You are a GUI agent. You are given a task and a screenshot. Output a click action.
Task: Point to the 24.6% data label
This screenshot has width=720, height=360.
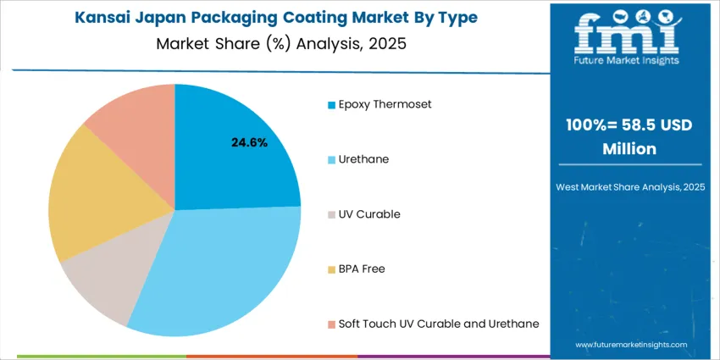click(249, 142)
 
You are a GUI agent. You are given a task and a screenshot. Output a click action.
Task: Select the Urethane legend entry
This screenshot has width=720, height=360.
click(365, 159)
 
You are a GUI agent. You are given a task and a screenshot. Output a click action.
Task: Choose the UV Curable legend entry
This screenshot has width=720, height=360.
click(369, 214)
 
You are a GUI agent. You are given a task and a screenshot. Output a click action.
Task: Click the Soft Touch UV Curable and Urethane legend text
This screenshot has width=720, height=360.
click(438, 324)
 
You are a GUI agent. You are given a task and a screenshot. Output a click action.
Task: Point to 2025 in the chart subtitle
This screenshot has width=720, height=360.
click(385, 44)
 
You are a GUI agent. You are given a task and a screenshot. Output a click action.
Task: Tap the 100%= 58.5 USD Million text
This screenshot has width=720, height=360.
click(629, 136)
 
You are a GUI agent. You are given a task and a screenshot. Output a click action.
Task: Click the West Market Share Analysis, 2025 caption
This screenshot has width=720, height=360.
click(629, 186)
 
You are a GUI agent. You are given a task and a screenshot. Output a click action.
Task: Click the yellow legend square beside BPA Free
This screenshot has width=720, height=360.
click(331, 270)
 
